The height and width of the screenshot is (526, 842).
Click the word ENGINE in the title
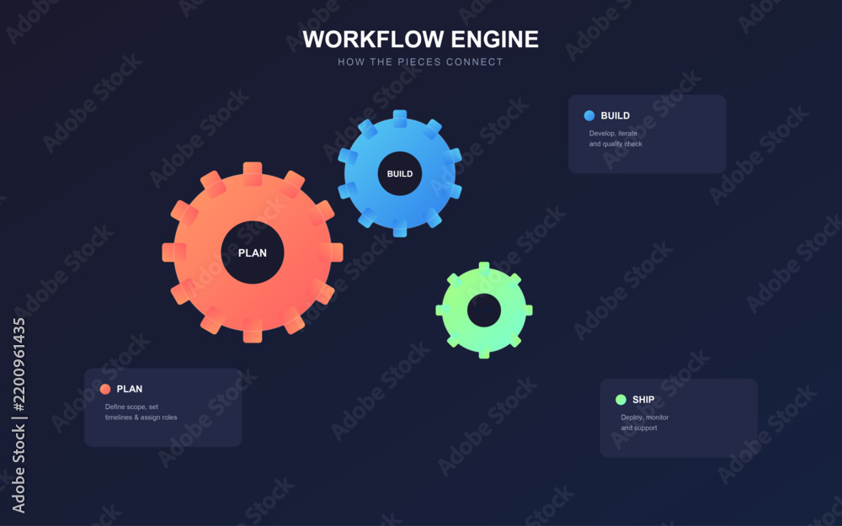(x=494, y=40)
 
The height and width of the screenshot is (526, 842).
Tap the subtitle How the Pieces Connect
(x=420, y=61)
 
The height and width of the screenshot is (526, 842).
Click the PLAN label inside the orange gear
(x=253, y=252)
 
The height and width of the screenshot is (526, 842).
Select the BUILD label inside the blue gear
(x=400, y=174)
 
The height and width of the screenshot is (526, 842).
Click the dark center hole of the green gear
(x=484, y=311)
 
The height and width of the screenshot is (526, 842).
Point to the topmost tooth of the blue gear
(x=399, y=119)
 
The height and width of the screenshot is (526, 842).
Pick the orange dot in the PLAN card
(x=105, y=389)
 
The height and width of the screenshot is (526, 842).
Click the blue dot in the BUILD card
(x=589, y=115)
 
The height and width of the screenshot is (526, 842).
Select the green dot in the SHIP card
(x=621, y=399)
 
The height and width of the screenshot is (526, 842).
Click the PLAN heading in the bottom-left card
(x=130, y=389)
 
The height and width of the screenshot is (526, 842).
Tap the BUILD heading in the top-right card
(x=616, y=115)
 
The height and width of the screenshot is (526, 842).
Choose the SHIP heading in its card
(x=643, y=399)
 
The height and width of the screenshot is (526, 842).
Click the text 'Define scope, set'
(x=131, y=406)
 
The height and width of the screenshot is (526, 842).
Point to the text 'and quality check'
(x=616, y=144)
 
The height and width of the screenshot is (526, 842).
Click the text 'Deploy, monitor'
(x=644, y=417)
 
